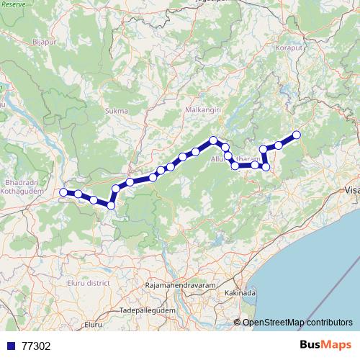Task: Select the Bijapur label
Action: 44,42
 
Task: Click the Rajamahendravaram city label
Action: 179,286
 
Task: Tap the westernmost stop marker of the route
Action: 63,192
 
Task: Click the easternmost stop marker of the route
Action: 296,135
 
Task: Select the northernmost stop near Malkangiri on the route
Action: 213,140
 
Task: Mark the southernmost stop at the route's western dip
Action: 111,206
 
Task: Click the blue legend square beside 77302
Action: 10,346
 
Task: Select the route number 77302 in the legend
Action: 36,346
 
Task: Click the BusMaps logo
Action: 325,346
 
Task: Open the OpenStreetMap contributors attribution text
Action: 297,322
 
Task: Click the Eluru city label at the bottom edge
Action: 93,326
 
